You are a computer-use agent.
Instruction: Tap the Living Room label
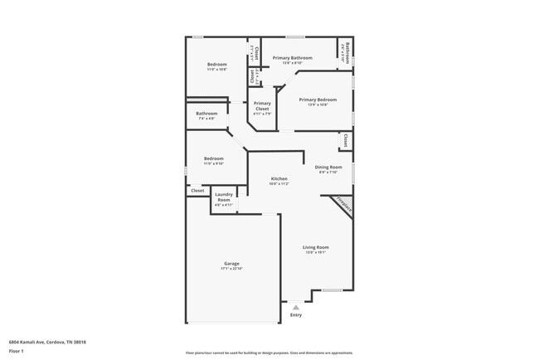coord(316,247)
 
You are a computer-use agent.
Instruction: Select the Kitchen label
coord(279,179)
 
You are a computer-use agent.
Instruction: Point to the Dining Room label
coord(328,167)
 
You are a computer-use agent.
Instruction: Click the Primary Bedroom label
coord(318,99)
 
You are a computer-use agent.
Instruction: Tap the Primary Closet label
coord(262,106)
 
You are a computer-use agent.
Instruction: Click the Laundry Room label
coord(224,197)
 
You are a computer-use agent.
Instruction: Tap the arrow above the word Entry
coord(296,307)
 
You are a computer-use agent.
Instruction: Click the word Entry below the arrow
coord(296,315)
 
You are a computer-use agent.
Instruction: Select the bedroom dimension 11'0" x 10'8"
coord(217,70)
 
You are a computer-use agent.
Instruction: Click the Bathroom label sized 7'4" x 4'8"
coord(206,114)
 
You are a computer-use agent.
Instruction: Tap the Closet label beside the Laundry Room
coord(197,191)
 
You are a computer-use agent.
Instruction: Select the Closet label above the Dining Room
coord(345,141)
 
